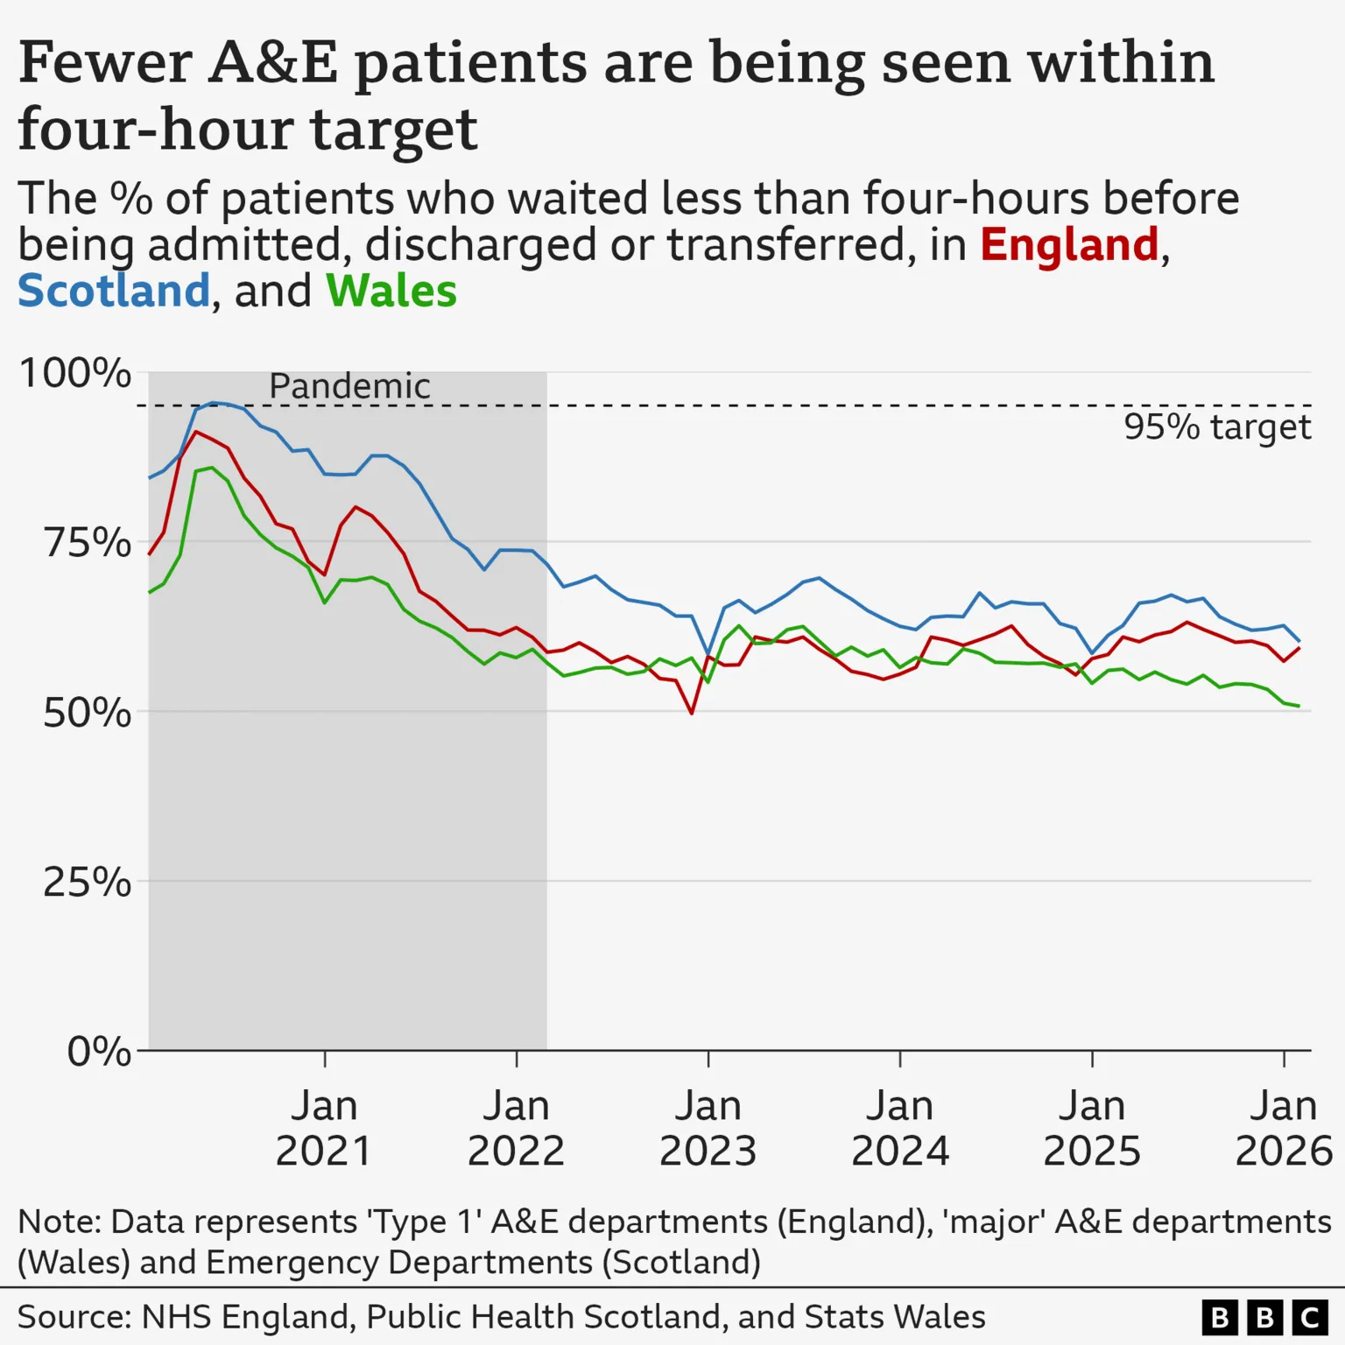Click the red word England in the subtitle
coord(1069,244)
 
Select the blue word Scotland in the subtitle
coord(114,291)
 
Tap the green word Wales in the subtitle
coord(391,291)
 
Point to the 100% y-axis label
coord(75,373)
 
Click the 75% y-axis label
coord(88,543)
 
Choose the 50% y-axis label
coord(88,713)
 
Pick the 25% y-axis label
coord(88,882)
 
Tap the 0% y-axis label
coord(99,1051)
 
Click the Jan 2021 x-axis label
coord(324,1128)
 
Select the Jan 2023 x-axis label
coord(708,1128)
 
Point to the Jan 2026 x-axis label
coord(1283,1128)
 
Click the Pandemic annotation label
coord(349,386)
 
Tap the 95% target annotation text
coord(1217,427)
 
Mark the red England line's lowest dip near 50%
coord(692,713)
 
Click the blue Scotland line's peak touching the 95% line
coord(213,403)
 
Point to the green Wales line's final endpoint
coord(1299,706)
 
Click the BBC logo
coord(1264,1317)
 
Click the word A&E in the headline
coord(272,63)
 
